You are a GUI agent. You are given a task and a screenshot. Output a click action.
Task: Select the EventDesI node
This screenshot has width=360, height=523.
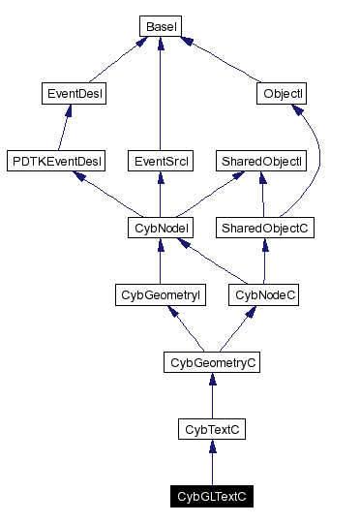[x=75, y=94]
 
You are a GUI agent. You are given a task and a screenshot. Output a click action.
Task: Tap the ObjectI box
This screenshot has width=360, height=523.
[x=284, y=94]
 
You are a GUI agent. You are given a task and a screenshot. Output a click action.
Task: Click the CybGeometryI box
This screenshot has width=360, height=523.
[x=161, y=294]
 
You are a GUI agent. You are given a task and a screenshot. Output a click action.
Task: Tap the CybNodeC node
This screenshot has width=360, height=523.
[x=263, y=294]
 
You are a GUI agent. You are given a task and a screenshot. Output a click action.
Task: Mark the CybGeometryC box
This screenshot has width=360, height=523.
[x=212, y=362]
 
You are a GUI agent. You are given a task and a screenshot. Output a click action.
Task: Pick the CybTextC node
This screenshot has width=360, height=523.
[x=212, y=428]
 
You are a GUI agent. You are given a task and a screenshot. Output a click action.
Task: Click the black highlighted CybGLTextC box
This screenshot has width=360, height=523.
[x=212, y=496]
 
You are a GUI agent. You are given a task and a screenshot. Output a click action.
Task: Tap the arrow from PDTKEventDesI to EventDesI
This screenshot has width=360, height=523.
[x=65, y=127]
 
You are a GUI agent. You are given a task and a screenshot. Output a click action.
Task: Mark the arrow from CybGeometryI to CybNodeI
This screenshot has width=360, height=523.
[x=158, y=261]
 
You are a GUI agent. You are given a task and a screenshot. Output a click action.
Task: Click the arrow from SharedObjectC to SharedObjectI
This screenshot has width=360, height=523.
[x=262, y=194]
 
